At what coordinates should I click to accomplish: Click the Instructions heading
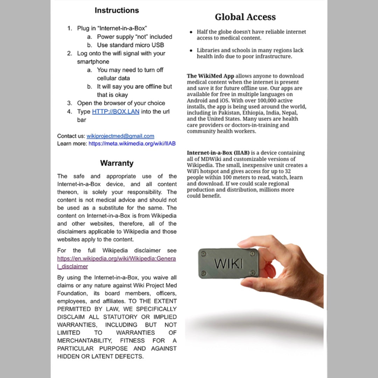117,10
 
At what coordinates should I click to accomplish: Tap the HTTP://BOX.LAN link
115,112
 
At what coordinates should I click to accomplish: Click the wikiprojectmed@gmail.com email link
120,136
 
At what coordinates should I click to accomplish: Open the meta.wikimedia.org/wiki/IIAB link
132,143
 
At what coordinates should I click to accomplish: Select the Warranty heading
117,163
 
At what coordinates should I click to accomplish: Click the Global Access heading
245,17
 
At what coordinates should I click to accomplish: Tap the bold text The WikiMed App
210,76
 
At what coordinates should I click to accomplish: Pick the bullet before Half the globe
191,32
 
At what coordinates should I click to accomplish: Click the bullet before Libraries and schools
191,50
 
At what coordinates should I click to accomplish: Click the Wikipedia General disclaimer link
117,262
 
